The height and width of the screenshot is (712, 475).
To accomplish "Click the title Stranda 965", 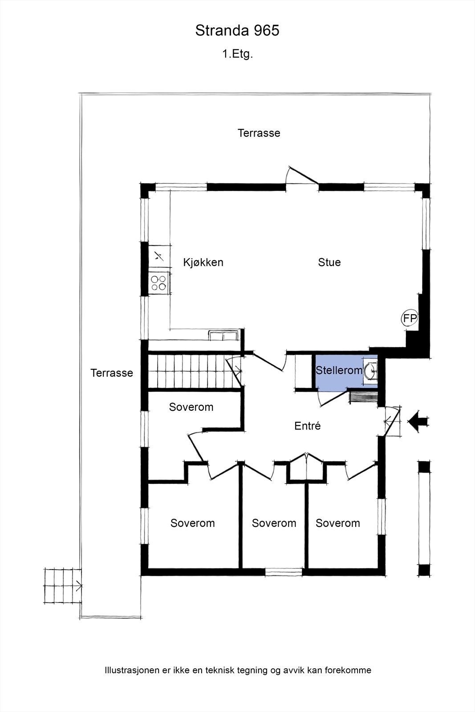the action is [x=237, y=31].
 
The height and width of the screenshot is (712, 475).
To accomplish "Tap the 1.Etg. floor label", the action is [x=237, y=54].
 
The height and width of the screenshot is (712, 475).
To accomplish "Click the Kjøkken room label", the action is [x=203, y=262].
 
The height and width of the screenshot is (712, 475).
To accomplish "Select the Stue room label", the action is [x=329, y=262].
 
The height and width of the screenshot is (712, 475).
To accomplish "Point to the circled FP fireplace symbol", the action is [x=409, y=318].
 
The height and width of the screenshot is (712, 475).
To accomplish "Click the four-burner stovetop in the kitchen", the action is [x=158, y=283].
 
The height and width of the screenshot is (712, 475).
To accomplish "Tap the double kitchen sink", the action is [x=223, y=336].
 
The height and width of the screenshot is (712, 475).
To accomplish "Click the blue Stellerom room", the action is [x=346, y=371].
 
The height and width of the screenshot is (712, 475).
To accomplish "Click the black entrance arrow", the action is [x=418, y=422].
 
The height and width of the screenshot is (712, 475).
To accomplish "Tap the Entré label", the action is [x=308, y=425].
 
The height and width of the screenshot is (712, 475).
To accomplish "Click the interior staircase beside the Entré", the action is [x=194, y=371].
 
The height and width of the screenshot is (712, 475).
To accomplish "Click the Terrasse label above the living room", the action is [x=259, y=133].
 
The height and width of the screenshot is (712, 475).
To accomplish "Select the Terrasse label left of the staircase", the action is [x=112, y=373].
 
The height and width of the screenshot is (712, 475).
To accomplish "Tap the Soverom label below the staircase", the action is [x=191, y=407].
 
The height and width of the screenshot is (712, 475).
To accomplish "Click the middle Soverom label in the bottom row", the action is [x=274, y=523].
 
